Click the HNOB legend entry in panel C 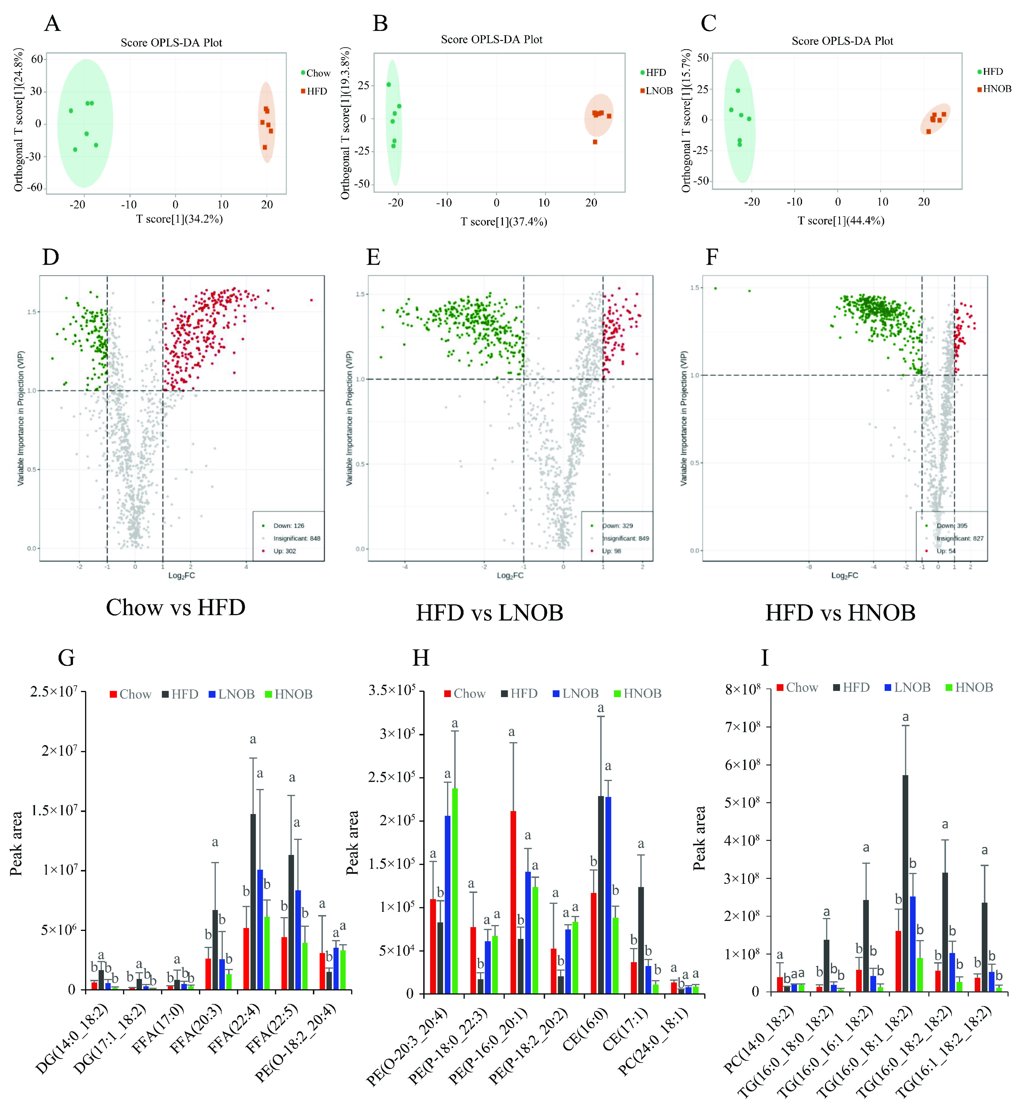[x=997, y=89]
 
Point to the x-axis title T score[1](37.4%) [x=504, y=222]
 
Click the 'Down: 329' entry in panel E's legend [x=617, y=526]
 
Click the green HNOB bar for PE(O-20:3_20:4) [x=455, y=891]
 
